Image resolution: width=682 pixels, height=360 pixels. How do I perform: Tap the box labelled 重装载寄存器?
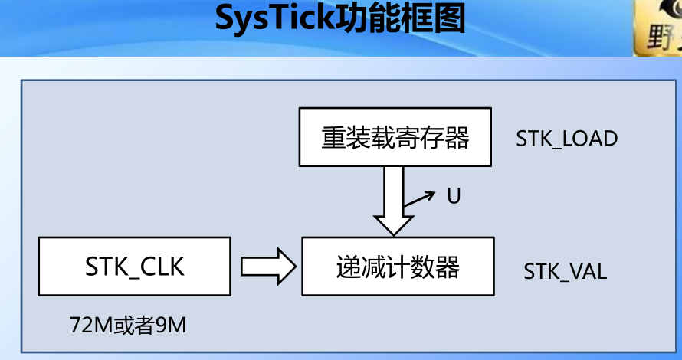tap(395, 139)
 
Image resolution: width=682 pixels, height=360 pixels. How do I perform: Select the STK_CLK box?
tap(135, 266)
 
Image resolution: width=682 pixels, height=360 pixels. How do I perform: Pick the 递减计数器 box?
tap(398, 267)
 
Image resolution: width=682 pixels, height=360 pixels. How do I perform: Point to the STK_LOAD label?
tap(566, 139)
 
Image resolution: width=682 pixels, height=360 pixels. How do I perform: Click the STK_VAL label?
tap(566, 272)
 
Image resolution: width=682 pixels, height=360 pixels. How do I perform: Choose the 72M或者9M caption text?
tap(127, 326)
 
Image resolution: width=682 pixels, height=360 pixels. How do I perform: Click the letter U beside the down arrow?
tap(454, 197)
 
